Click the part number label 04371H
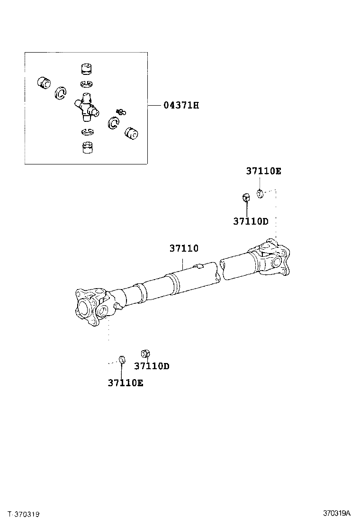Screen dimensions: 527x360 pos(181,105)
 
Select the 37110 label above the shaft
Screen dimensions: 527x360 pos(184,248)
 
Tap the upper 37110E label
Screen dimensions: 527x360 pos(263,171)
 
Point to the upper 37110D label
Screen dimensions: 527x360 pos(251,221)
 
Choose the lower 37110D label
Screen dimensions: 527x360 pos(152,366)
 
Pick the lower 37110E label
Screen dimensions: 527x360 pos(125,383)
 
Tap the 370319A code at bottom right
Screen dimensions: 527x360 pos(337,513)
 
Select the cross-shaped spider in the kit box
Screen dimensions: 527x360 pos(86,107)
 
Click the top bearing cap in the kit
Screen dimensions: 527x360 pos(85,69)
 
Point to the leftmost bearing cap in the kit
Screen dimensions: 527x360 pos(45,83)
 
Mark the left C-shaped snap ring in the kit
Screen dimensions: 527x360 pos(60,93)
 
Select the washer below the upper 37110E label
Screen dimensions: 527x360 pos(260,193)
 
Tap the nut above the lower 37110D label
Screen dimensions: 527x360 pos(146,354)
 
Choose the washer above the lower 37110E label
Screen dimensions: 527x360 pos(121,359)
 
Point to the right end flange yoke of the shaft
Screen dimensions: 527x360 pos(274,257)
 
